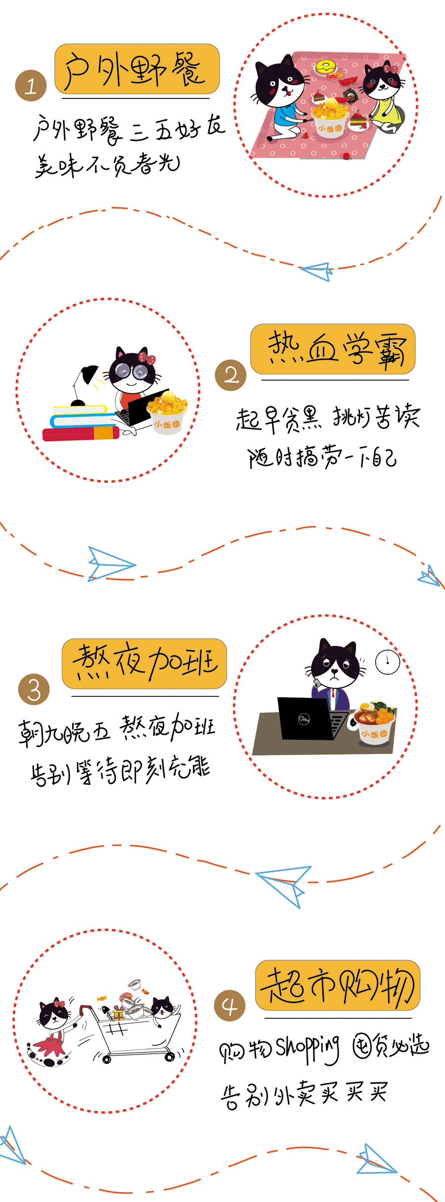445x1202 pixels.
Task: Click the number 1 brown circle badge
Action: click(x=31, y=86)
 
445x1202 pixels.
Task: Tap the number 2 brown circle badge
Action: click(x=230, y=375)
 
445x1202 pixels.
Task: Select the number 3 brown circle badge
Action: click(x=34, y=689)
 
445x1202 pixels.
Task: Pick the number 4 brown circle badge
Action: click(x=229, y=1006)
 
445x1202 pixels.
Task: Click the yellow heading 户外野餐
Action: click(x=137, y=69)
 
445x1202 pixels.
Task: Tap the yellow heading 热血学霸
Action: click(x=333, y=349)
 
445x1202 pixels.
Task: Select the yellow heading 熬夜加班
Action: click(x=144, y=664)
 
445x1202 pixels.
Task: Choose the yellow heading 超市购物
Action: click(x=338, y=985)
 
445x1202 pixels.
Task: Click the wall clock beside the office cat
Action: click(x=388, y=661)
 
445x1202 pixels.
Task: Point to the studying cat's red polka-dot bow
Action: click(x=146, y=357)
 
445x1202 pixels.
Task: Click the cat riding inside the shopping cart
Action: click(x=163, y=1008)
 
